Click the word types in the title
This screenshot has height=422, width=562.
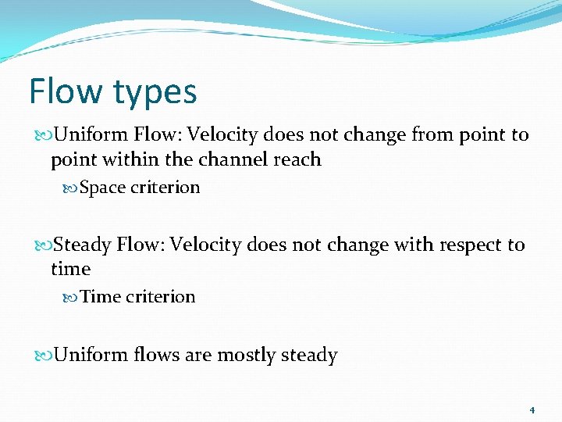click(x=155, y=92)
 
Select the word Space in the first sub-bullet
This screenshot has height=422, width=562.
click(x=102, y=188)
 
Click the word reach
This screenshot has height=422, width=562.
click(x=295, y=159)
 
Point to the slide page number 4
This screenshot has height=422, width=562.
click(x=532, y=409)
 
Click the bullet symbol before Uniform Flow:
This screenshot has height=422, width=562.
click(x=44, y=135)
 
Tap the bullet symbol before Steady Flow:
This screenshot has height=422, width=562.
click(x=44, y=245)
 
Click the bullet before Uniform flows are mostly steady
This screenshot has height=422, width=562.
click(x=44, y=356)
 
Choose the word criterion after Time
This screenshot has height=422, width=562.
click(x=161, y=297)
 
